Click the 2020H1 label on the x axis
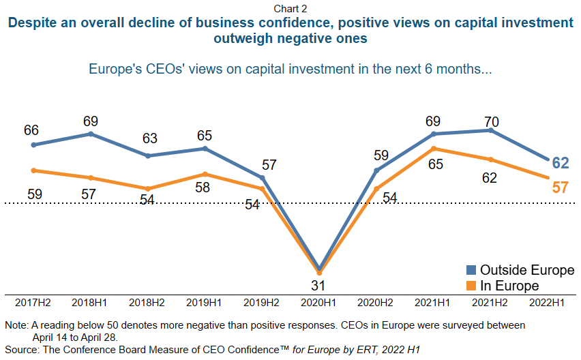tap(319, 301)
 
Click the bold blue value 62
tap(560, 163)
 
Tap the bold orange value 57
tap(560, 187)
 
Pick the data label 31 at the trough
tap(319, 284)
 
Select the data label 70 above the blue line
tap(491, 122)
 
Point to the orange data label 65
tap(434, 164)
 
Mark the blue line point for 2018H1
tap(91, 134)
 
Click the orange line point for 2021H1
tap(434, 148)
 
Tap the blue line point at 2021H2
tap(491, 130)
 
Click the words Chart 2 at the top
tap(290, 7)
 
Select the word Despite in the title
tap(32, 22)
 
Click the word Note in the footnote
tap(17, 325)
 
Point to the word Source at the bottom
tap(23, 350)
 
